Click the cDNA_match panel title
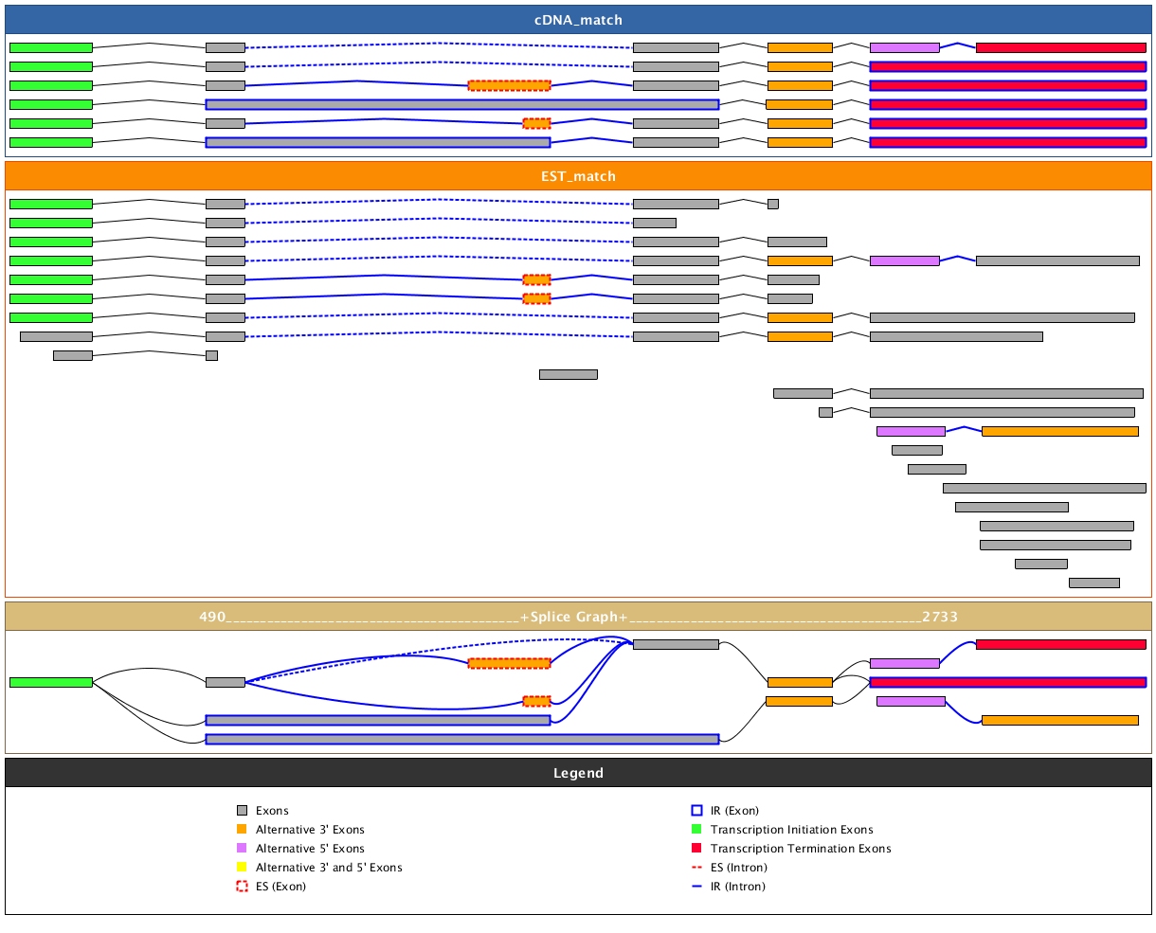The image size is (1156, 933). pos(578,20)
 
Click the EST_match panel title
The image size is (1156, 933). pos(578,176)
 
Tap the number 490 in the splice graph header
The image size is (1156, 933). pos(212,617)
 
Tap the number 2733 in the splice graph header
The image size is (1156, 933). pos(939,617)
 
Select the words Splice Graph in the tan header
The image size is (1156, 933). pos(578,617)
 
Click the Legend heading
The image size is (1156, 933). pos(578,773)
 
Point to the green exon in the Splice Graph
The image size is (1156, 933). pos(51,682)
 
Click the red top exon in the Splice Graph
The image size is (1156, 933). pos(1060,644)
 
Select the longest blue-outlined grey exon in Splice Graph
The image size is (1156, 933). pos(462,739)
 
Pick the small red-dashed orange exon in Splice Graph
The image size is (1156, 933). pos(536,701)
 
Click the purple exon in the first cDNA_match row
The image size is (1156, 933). pos(904,47)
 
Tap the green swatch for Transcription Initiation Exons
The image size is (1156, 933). pos(696,830)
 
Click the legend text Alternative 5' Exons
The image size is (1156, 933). pos(310,849)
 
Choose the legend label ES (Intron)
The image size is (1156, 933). pos(738,868)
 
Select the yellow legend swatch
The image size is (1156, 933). pos(242,868)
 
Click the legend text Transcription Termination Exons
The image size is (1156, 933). pos(801,849)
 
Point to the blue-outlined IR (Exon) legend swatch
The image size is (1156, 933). pos(696,811)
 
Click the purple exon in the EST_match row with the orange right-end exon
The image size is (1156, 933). pos(911,431)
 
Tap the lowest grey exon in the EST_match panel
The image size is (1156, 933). pos(1093,583)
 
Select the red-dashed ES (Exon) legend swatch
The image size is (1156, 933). pos(242,887)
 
